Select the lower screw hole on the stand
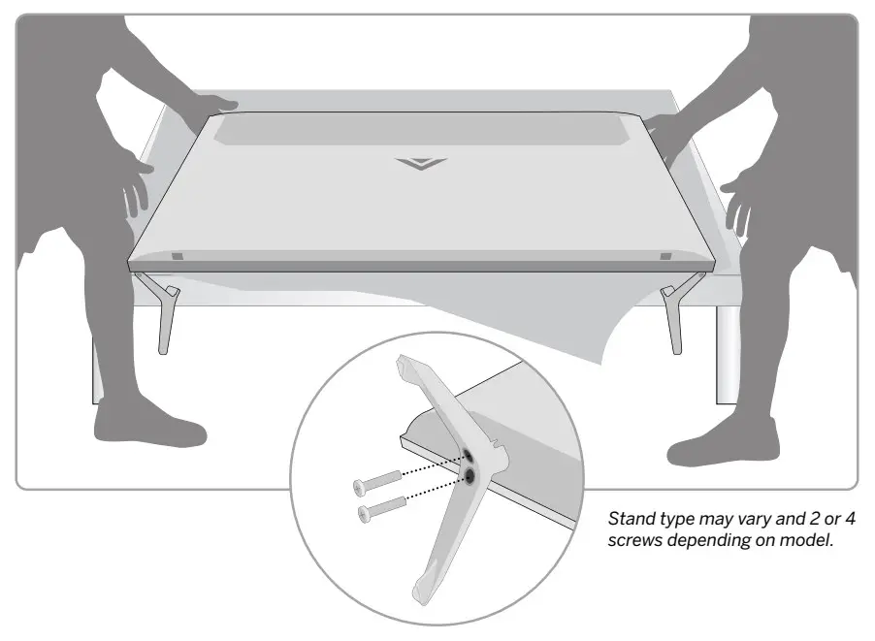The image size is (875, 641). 470,474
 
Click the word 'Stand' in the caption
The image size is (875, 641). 626,522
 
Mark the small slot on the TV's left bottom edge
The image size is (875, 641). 177,257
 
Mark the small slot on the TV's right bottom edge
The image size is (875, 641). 664,256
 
